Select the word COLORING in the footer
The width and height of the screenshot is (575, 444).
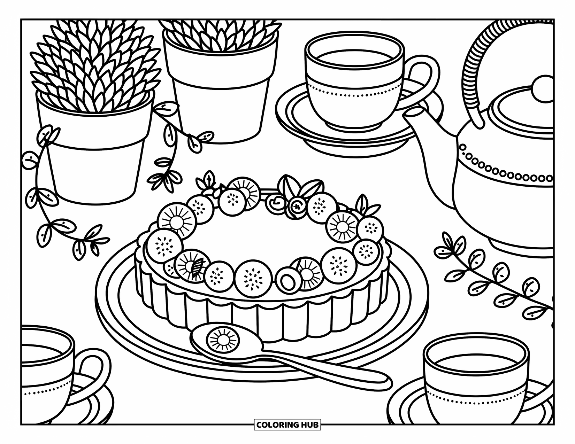[x=276, y=424]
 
